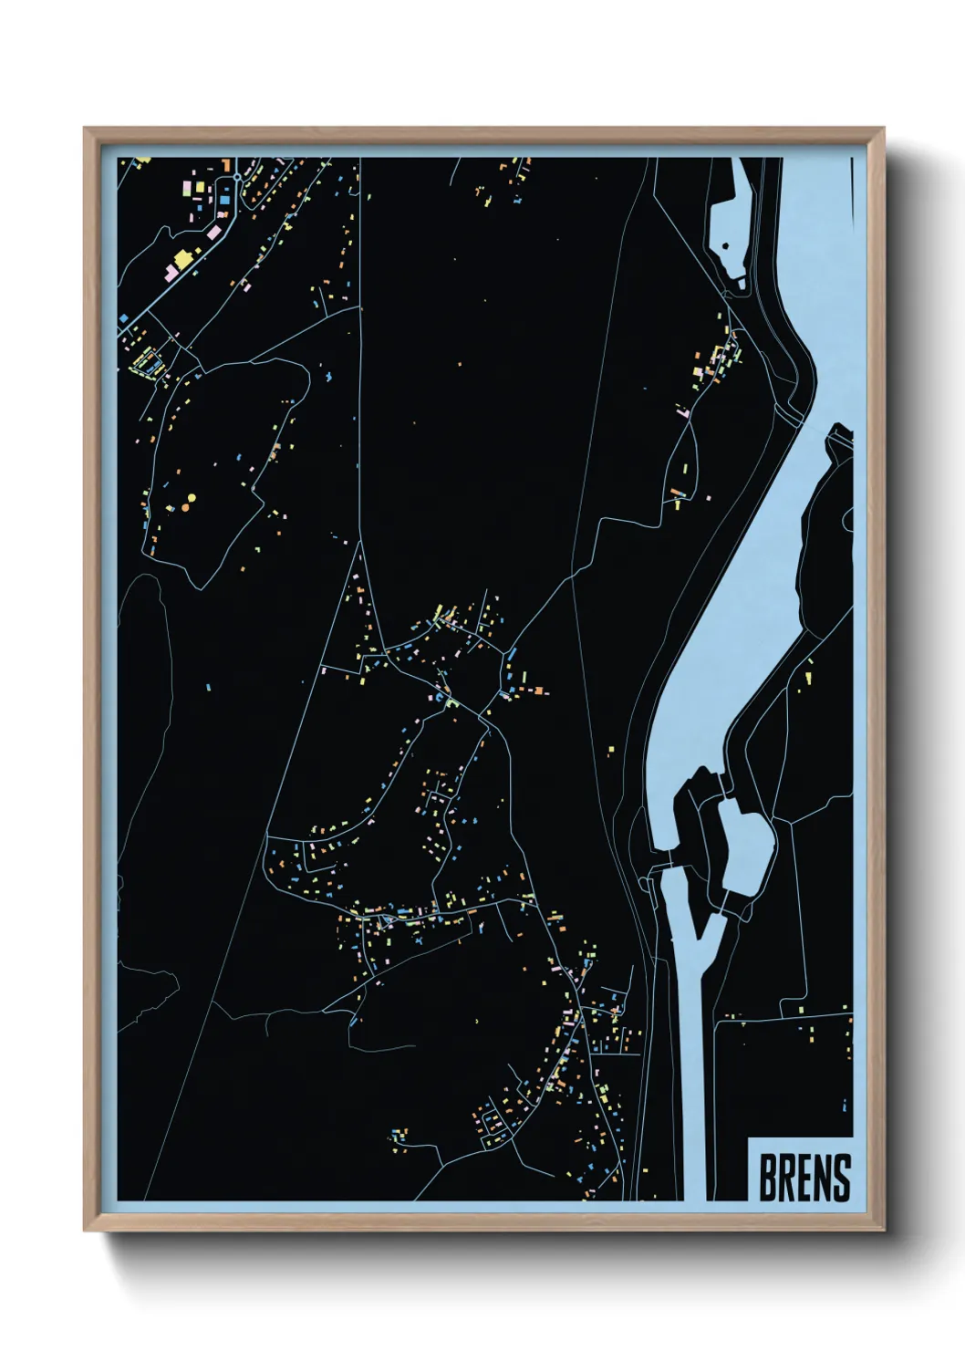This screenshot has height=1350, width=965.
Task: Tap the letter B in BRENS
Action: coord(768,1178)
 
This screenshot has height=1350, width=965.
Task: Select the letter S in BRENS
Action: coord(841,1178)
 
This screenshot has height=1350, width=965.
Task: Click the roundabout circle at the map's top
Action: coord(237,177)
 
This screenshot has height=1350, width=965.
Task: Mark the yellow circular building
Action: coord(192,498)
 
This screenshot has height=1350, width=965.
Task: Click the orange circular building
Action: coord(184,506)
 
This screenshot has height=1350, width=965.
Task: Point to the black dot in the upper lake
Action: coord(725,245)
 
